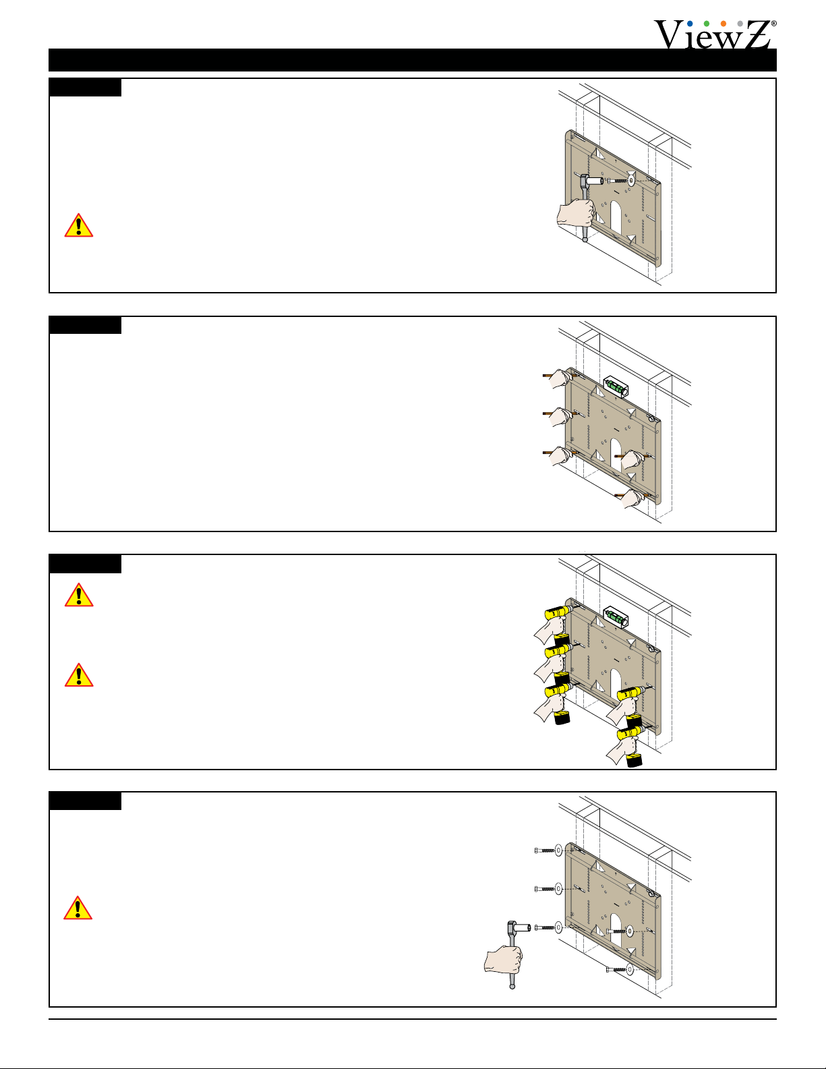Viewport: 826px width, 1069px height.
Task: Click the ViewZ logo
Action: click(x=715, y=34)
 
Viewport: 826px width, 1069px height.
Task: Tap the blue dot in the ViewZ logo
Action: click(x=690, y=24)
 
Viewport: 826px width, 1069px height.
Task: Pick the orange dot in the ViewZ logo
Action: click(x=724, y=24)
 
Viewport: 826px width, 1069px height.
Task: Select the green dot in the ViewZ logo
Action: click(x=707, y=24)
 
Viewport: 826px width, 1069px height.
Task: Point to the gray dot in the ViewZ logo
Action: click(x=740, y=24)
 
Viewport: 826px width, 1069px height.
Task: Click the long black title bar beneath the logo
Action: click(x=412, y=60)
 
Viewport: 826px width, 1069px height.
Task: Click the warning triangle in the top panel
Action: click(x=79, y=225)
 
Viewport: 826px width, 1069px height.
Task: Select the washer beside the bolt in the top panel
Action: click(x=631, y=181)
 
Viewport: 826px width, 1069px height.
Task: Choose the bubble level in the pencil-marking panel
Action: click(x=616, y=386)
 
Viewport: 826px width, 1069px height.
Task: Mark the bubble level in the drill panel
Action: click(x=616, y=616)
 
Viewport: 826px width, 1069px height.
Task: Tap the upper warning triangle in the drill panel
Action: click(x=79, y=595)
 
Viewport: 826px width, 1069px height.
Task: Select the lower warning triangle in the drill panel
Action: click(x=79, y=674)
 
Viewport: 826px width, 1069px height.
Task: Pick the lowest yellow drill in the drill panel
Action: click(x=631, y=746)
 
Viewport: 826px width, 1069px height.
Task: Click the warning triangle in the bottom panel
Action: click(x=78, y=908)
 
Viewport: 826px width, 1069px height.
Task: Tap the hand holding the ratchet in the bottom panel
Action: click(x=504, y=959)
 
